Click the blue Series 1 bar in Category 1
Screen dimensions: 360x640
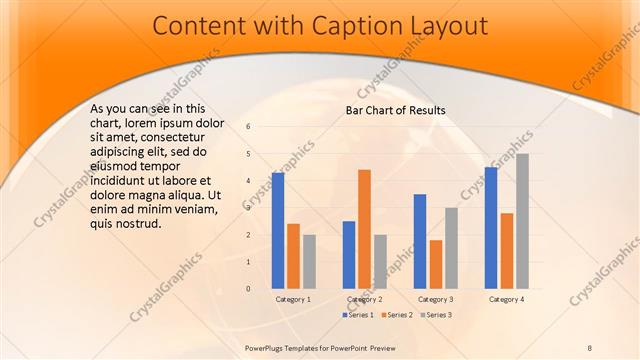click(278, 231)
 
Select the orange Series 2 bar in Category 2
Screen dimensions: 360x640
click(364, 229)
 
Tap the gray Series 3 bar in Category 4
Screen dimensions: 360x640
click(522, 221)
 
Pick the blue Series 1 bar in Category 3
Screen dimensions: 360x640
click(420, 241)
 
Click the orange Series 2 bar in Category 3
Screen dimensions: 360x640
click(435, 264)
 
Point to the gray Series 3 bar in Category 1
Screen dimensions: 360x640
click(308, 262)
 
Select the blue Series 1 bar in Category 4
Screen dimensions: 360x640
click(491, 228)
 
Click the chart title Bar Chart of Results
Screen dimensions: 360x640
click(395, 110)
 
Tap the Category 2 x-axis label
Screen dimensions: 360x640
click(364, 299)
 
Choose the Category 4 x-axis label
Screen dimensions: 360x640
click(506, 299)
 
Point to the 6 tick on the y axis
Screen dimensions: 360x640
click(248, 127)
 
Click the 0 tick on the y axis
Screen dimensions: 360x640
click(248, 289)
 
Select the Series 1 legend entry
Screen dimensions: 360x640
click(358, 315)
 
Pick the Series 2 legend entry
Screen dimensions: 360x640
click(396, 315)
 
